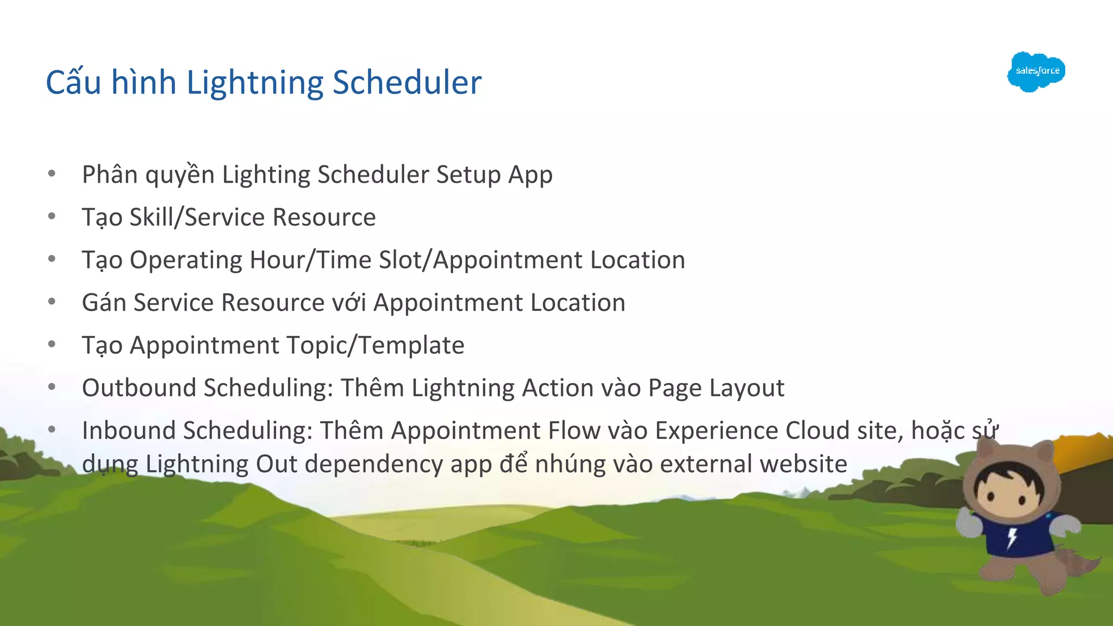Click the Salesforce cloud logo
(1036, 72)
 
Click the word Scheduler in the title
(407, 83)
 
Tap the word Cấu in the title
(73, 83)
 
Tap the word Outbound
(139, 388)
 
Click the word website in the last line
(803, 464)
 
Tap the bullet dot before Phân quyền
(52, 174)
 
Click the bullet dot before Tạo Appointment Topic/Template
(52, 345)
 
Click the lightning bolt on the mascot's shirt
(1012, 538)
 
